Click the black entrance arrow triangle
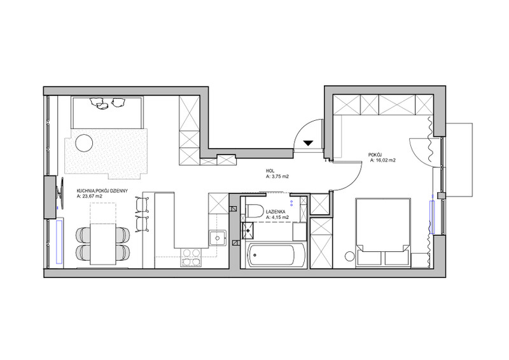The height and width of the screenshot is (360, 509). coord(308,143)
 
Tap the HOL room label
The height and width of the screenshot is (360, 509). coord(270,170)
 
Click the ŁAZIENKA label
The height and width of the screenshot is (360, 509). coord(275,211)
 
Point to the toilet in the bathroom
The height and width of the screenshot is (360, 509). coord(255,211)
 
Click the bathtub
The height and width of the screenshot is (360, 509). coord(276,255)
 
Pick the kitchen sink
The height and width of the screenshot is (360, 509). coord(218,239)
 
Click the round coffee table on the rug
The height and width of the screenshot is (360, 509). coord(84,143)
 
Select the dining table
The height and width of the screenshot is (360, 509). coord(103,244)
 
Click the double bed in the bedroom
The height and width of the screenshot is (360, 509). coord(383,232)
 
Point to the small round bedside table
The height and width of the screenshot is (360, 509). coord(349,256)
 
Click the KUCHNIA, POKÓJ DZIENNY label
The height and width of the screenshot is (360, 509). coord(102,191)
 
